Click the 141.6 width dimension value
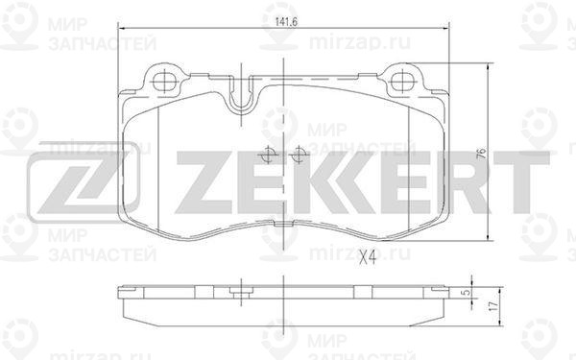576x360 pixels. [286, 22]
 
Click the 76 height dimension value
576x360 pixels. [481, 154]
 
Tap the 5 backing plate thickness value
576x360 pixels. [467, 293]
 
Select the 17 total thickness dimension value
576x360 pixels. [494, 306]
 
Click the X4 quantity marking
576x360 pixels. [368, 257]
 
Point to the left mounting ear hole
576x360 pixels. [164, 82]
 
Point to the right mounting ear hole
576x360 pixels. [403, 82]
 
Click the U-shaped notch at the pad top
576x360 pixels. [241, 95]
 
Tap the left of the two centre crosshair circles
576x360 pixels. [268, 155]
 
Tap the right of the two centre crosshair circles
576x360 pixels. [300, 155]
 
